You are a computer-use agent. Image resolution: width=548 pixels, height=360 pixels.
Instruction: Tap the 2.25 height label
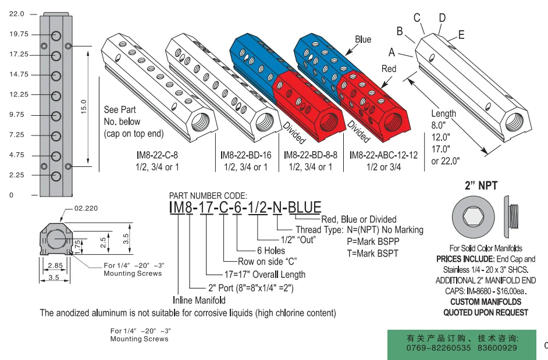point(17,174)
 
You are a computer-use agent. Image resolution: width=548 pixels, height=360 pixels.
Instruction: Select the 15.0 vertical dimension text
point(83,106)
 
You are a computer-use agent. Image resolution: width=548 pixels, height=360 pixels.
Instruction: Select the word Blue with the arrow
point(362,40)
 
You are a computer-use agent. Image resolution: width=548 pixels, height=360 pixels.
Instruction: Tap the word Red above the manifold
point(389,69)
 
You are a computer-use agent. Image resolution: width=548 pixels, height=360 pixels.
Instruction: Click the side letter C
point(417,17)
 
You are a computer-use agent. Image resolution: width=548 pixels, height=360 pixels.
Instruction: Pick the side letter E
point(461,35)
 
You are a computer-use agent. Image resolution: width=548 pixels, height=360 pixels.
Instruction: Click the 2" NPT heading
point(480,187)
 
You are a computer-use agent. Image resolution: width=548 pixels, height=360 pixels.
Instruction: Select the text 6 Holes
point(271,251)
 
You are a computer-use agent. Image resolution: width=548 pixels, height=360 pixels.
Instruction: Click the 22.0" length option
point(446,160)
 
